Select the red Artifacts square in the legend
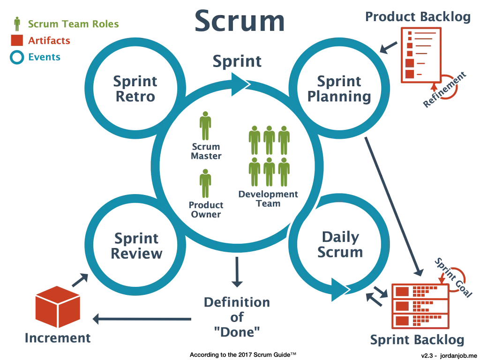[x=17, y=41]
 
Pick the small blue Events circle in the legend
[x=17, y=58]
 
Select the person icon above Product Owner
[x=206, y=184]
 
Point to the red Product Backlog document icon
[x=419, y=55]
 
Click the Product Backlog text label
[x=418, y=17]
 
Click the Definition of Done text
[x=237, y=317]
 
